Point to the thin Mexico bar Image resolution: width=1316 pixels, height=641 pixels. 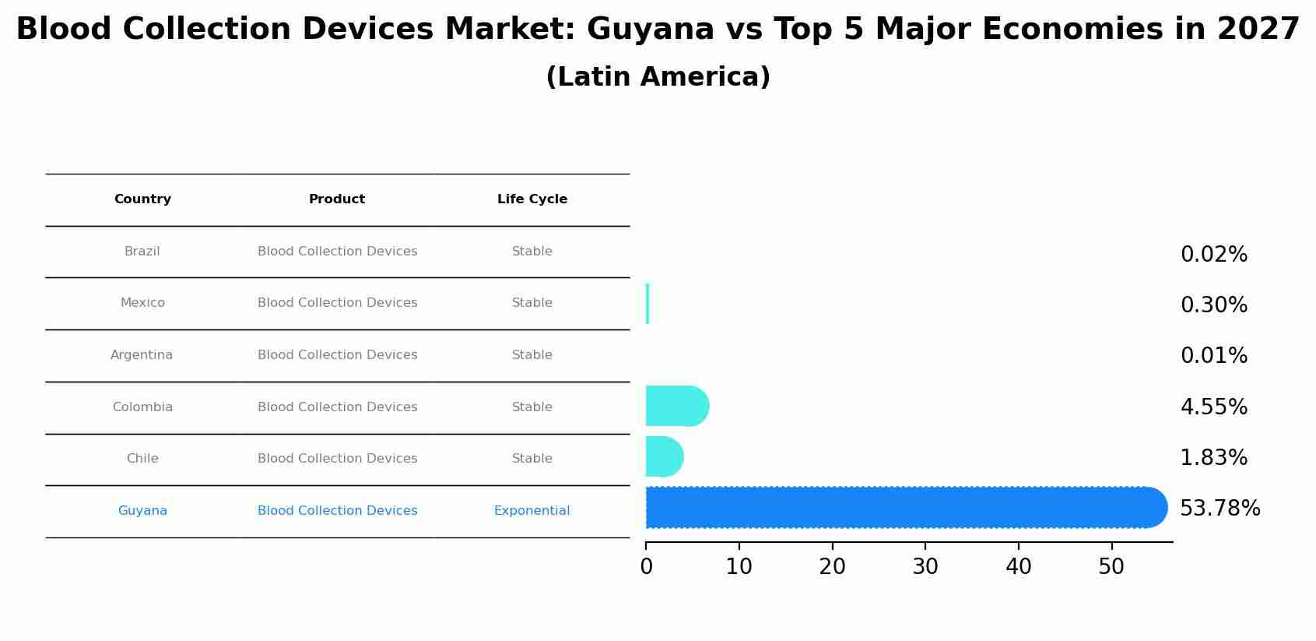coord(647,304)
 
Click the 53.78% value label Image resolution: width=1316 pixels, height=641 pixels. coord(1219,509)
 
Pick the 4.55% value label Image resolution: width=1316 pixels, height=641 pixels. coord(1213,407)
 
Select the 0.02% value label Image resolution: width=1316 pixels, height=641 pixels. coord(1213,255)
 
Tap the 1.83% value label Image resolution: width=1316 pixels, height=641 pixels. coord(1213,458)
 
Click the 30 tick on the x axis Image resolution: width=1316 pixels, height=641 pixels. coord(925,567)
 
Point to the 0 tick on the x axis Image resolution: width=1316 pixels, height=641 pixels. coord(646,567)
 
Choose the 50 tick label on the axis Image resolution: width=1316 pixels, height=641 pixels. coord(1111,567)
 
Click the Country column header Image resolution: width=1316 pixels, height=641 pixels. coord(142,199)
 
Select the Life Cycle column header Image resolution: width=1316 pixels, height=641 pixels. coord(532,199)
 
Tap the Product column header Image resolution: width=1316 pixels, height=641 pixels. coord(337,199)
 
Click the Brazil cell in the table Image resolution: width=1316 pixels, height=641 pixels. coord(142,252)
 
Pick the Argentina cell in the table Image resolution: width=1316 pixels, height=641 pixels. coord(142,355)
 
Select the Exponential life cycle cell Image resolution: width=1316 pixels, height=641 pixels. coord(532,511)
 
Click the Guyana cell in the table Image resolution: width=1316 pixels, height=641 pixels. coord(142,511)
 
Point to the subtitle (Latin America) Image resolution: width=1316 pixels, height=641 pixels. coord(658,77)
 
